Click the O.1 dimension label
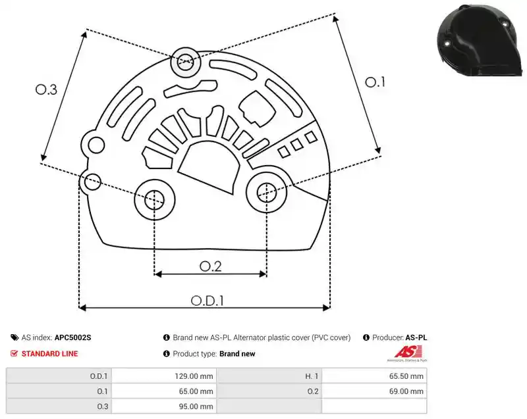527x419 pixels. [375, 82]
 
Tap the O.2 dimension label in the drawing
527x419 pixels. [210, 266]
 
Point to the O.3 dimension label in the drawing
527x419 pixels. [46, 89]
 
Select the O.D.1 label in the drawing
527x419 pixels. [208, 301]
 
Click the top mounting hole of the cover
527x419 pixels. [185, 62]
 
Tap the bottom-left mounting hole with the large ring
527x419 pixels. [155, 200]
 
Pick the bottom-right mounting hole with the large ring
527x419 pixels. [267, 193]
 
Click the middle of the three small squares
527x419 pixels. [297, 145]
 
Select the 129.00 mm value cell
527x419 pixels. [164, 376]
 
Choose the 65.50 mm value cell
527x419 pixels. [374, 376]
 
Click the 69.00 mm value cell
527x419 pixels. [374, 391]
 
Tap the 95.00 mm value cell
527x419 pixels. [164, 407]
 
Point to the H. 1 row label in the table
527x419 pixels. [311, 376]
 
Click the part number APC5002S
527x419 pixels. [72, 337]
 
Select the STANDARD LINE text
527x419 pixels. [50, 354]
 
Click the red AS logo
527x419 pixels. [407, 353]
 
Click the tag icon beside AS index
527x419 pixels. [14, 337]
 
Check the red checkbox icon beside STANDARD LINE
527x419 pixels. [14, 353]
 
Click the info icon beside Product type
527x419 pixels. [167, 354]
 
